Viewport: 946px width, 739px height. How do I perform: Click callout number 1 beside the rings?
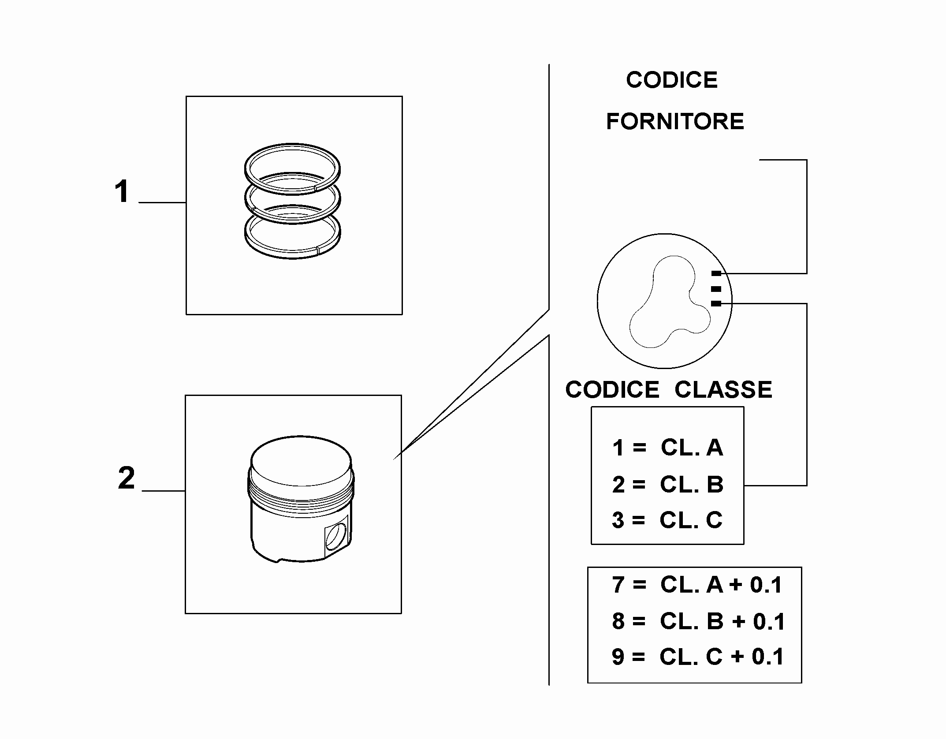[x=122, y=192]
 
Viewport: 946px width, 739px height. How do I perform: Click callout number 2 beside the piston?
[x=126, y=478]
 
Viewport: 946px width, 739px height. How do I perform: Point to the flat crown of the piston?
[x=301, y=460]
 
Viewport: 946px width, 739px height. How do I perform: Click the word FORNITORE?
[x=675, y=122]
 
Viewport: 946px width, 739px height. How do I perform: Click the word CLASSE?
[x=723, y=390]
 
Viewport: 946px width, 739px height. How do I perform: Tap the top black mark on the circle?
[x=716, y=273]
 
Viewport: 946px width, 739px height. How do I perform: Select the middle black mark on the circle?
[x=716, y=289]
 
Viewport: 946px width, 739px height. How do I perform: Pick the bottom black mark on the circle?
[x=716, y=303]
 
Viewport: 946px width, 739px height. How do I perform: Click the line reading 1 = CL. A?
[x=668, y=448]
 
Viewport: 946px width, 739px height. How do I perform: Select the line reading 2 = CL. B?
[x=668, y=485]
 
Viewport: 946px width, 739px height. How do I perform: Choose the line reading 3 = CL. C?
[x=667, y=520]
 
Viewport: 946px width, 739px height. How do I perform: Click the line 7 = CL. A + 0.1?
[x=697, y=585]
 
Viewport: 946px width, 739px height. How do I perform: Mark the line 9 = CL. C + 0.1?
[x=698, y=657]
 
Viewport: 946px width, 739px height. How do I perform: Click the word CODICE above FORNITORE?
[x=672, y=80]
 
